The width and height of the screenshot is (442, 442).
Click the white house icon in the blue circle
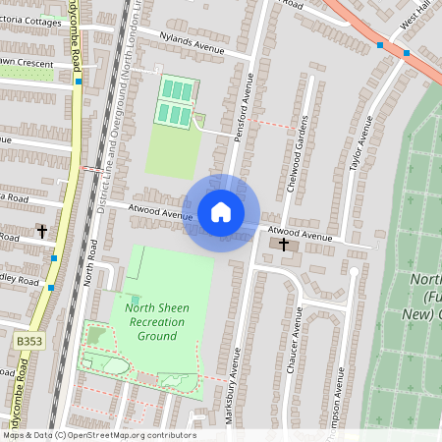(x=221, y=212)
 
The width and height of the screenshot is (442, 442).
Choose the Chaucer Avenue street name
(x=293, y=339)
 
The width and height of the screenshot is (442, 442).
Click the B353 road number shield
(x=28, y=339)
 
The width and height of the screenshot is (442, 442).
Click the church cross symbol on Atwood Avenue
(x=285, y=243)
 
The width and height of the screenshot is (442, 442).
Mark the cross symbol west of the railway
(x=42, y=232)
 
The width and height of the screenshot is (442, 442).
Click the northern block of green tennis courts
(x=178, y=89)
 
